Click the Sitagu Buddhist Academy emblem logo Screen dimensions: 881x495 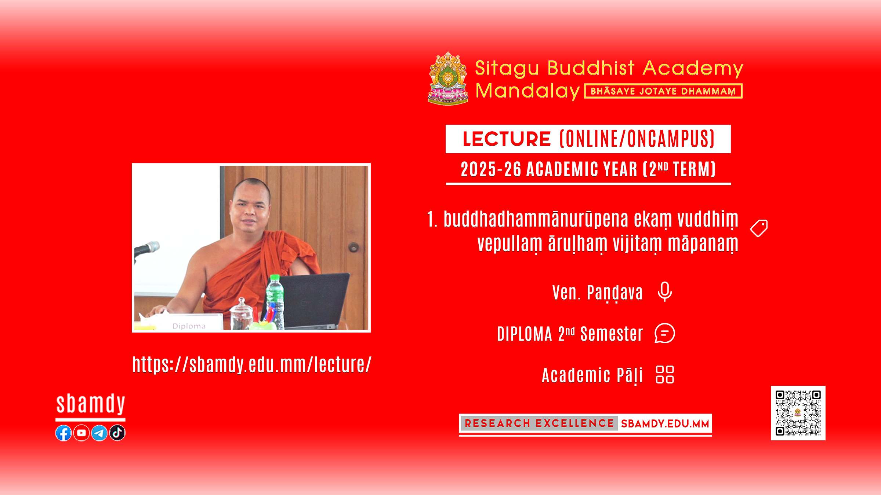(448, 78)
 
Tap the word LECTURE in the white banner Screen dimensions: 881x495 (507, 139)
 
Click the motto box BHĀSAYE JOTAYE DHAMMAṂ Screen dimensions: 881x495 (663, 91)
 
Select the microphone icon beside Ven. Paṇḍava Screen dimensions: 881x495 (665, 292)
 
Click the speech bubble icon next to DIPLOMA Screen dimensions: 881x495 (665, 333)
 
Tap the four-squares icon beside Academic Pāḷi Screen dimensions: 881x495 (665, 374)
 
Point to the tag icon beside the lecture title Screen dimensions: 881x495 (759, 228)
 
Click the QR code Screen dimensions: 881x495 (798, 413)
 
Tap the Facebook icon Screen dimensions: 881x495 (64, 433)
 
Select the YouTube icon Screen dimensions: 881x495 (81, 433)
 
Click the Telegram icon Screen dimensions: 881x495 (99, 433)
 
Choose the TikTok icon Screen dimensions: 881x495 (117, 433)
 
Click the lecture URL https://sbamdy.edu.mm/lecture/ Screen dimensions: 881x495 (252, 365)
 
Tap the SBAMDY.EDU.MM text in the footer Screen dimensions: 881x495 (665, 423)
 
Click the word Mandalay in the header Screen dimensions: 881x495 (527, 91)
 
